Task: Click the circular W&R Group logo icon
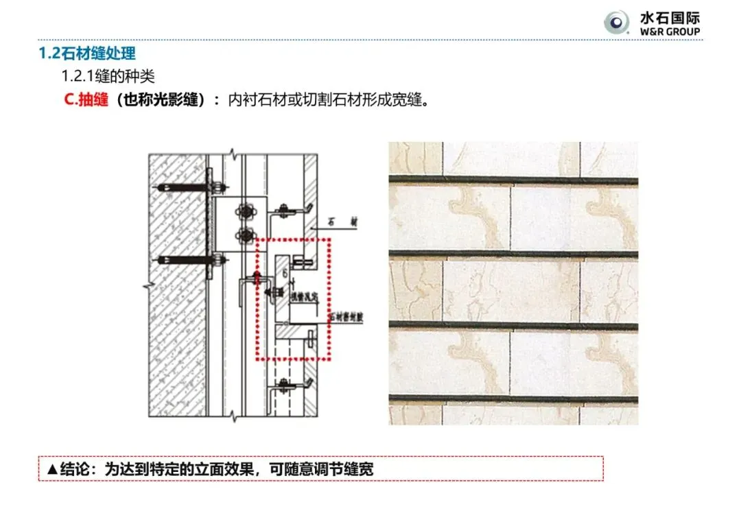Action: point(617,23)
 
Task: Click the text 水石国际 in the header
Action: point(670,18)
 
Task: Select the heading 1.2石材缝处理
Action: point(87,53)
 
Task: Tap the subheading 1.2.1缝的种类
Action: point(108,75)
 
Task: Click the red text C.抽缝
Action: point(86,99)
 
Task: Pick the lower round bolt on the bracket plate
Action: point(245,236)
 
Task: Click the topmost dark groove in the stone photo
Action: point(513,180)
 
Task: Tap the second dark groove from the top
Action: point(513,254)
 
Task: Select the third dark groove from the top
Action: point(513,326)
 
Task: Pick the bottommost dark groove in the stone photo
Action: point(513,398)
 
